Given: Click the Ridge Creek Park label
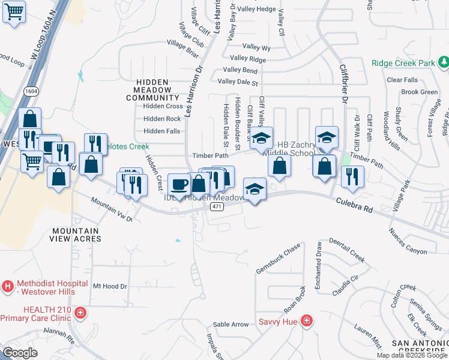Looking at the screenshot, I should click(x=403, y=62).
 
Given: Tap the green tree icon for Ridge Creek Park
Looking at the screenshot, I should click(x=444, y=62).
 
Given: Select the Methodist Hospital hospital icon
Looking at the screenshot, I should click(x=8, y=287).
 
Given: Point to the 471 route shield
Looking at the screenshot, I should click(x=216, y=206).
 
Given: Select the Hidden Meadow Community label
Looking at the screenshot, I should click(x=157, y=89).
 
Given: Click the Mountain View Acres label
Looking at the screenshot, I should click(x=75, y=235).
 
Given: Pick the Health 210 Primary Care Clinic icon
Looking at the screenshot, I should click(x=80, y=313).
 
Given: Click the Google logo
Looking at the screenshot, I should click(x=20, y=353).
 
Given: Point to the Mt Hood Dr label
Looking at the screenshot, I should click(x=110, y=286).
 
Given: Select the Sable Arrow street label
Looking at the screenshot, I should click(x=231, y=325).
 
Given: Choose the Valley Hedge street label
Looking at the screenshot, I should click(x=256, y=9).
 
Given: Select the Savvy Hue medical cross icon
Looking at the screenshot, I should click(x=306, y=321).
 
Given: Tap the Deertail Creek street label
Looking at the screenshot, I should click(x=346, y=250).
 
